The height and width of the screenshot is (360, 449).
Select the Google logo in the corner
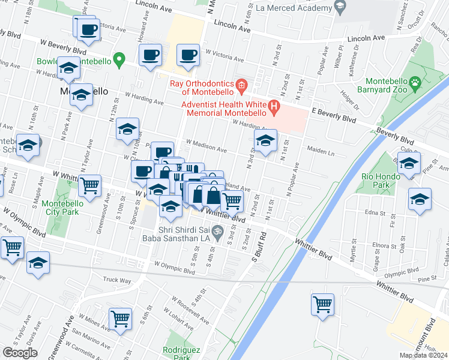click(20, 353)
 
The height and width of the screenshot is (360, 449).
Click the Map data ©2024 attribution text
click(423, 355)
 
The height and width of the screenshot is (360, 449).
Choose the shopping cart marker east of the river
click(322, 304)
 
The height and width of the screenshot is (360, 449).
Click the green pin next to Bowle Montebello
click(119, 59)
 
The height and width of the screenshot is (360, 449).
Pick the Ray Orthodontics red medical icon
click(241, 86)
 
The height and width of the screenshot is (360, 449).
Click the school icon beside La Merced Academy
click(340, 8)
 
